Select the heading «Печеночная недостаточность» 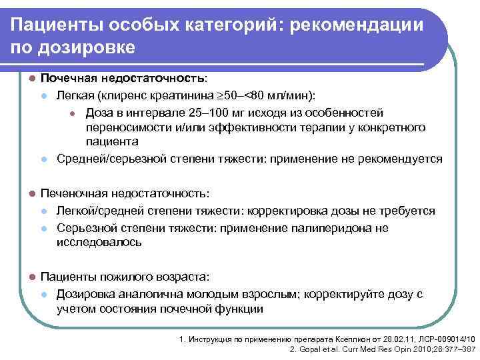click(x=125, y=193)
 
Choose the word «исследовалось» click(x=99, y=243)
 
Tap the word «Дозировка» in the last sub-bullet click(x=85, y=293)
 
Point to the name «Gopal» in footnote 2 click(x=309, y=349)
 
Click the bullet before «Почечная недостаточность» click(x=31, y=78)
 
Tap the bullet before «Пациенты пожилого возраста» click(x=31, y=276)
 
